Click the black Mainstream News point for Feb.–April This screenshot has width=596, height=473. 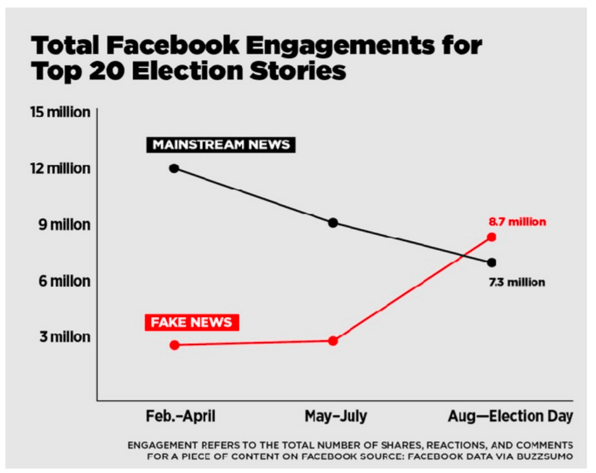tap(174, 168)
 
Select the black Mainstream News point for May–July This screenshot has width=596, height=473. tap(333, 223)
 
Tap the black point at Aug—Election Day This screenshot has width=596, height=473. tap(491, 262)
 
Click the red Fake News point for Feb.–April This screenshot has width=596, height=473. tap(174, 345)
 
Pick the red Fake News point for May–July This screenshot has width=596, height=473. tap(333, 341)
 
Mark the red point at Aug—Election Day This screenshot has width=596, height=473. tap(491, 237)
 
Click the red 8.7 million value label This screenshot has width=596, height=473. tap(517, 222)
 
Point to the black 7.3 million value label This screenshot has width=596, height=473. tap(517, 282)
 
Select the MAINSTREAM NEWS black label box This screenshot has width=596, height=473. tap(220, 145)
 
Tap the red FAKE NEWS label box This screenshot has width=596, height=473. tap(192, 322)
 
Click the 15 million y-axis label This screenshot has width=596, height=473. tap(60, 112)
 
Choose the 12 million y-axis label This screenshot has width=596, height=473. tap(60, 169)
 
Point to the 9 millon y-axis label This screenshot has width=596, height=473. tap(64, 225)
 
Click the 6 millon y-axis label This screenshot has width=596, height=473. tap(64, 281)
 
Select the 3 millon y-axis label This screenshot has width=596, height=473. tap(64, 337)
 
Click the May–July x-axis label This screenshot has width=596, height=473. tap(336, 417)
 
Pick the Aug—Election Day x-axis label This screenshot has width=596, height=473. tap(510, 417)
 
